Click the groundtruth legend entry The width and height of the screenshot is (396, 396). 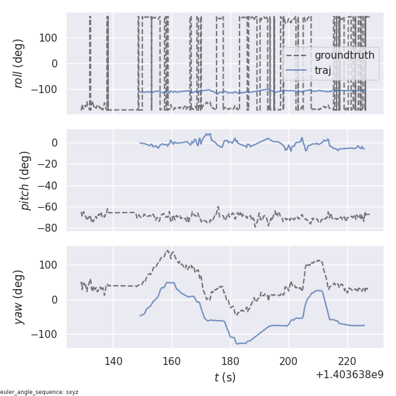344,55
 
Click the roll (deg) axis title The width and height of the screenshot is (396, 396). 19,63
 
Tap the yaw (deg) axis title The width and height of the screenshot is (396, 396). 19,297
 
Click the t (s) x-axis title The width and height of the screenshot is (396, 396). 224,378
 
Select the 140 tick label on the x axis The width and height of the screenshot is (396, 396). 113,361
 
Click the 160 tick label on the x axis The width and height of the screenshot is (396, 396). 172,361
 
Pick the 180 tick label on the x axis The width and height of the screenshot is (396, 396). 230,361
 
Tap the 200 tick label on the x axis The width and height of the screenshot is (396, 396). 288,361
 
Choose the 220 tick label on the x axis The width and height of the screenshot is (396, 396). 347,361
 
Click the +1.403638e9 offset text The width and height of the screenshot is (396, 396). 349,375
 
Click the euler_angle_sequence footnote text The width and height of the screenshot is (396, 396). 40,392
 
